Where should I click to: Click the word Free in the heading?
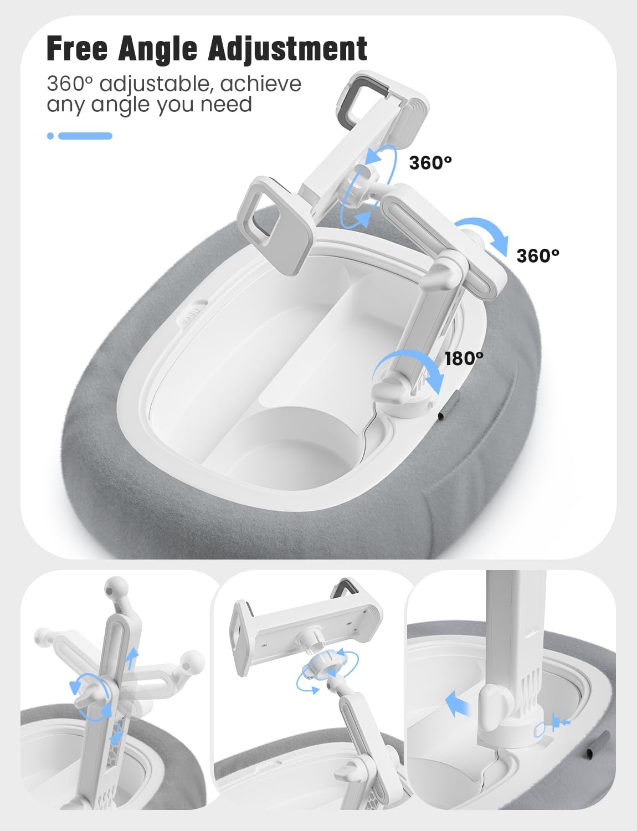click(77, 49)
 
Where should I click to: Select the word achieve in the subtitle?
click(261, 84)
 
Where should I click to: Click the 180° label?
click(464, 358)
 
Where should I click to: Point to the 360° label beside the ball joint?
click(430, 163)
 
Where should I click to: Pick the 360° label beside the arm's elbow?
click(538, 256)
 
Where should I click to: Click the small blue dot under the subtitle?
click(50, 136)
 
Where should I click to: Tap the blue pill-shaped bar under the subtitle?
click(85, 136)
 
